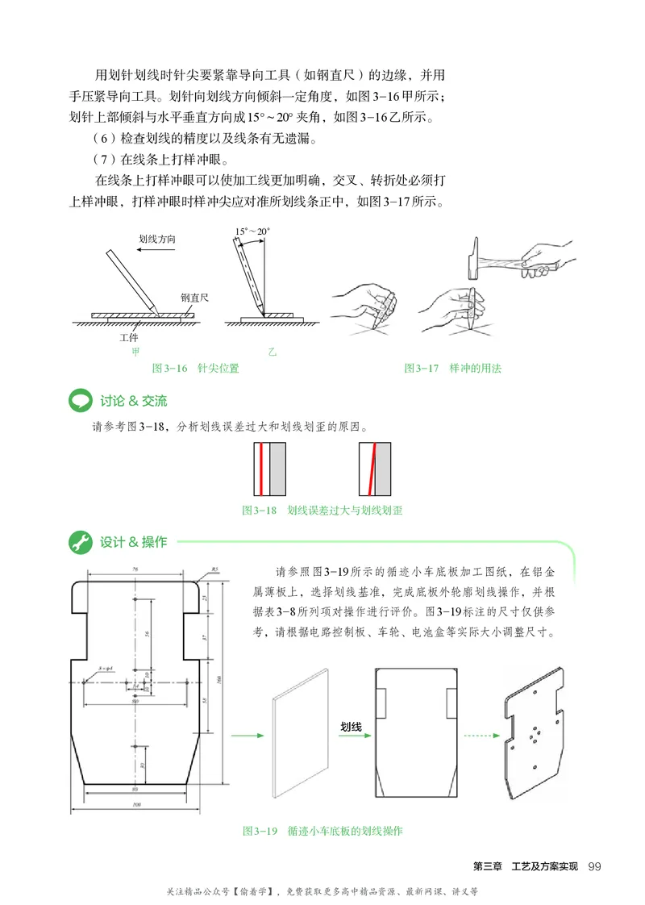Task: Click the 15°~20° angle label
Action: coord(252,231)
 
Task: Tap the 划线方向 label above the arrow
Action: coord(157,240)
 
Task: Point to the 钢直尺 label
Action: coord(193,298)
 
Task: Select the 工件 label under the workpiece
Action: coord(128,336)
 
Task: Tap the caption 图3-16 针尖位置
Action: coord(195,369)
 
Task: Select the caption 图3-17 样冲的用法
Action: coord(452,369)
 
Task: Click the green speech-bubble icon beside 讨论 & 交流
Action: coord(79,401)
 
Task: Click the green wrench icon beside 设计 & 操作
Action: coord(79,542)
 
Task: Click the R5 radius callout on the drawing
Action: coord(215,569)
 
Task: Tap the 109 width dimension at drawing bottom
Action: coord(135,804)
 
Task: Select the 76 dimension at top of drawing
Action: coord(135,569)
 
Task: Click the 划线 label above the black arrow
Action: coord(351,726)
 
